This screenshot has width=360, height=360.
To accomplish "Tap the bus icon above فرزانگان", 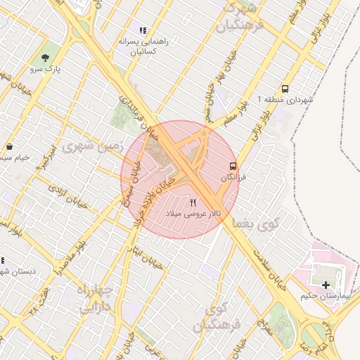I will pos(232,166).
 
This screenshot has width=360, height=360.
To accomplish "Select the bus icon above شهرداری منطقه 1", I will pos(285,89).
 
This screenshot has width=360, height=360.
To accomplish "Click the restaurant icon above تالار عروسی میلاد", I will pos(193,202).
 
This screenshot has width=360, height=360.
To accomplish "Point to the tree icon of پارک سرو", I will pos(46,58).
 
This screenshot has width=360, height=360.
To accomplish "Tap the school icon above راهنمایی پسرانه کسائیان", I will pos(143,31).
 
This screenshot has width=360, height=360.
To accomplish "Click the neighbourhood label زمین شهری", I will pos(92,147).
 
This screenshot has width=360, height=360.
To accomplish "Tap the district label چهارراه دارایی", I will pos(94,299).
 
